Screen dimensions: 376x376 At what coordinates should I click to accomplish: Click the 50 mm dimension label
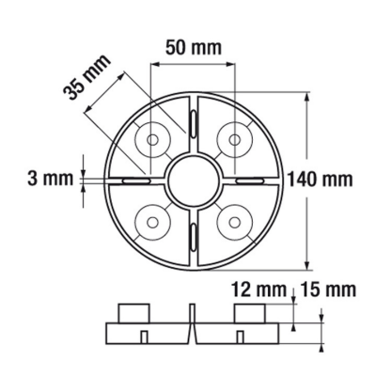tap(193, 45)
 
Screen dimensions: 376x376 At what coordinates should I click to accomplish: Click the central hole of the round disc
tap(191, 179)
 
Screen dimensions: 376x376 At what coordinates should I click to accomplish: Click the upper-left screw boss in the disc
tap(150, 139)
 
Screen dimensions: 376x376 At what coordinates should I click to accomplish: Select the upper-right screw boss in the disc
tap(231, 139)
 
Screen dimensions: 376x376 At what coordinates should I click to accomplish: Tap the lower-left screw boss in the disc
tap(150, 220)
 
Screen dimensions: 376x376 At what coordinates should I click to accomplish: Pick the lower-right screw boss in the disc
tap(231, 220)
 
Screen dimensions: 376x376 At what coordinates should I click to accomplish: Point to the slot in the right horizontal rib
tap(248, 178)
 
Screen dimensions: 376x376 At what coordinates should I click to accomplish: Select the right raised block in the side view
tap(249, 313)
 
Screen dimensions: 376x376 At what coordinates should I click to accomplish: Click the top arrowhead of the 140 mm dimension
tap(307, 95)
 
